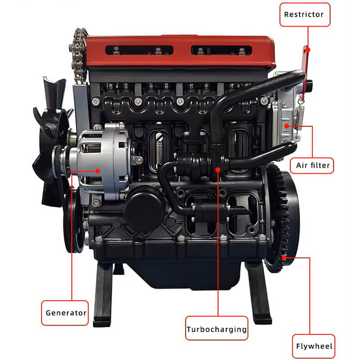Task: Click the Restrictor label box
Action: point(304,14)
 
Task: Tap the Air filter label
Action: point(313,165)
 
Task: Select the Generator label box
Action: point(66,312)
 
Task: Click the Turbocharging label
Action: point(217,329)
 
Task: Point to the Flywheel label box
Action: point(314,346)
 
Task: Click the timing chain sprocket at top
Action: point(79,43)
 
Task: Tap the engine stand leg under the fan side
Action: point(103,292)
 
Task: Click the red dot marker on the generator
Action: point(99,171)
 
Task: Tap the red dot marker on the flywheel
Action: point(284,258)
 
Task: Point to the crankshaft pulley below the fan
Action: point(72,220)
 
